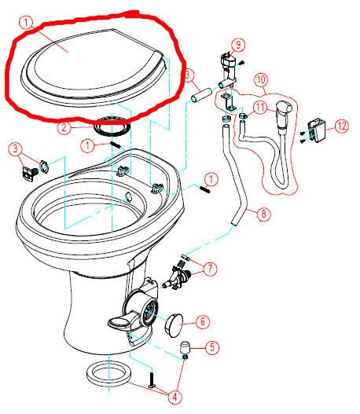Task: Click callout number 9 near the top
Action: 239,44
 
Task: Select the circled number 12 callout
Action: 340,126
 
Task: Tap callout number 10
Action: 261,79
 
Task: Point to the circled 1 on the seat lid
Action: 27,24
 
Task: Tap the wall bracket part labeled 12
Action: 319,129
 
